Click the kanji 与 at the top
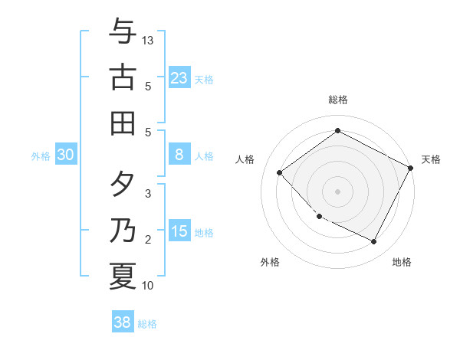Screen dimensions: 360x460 (x=123, y=32)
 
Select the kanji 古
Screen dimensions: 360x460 (x=123, y=77)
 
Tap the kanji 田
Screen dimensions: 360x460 (x=123, y=123)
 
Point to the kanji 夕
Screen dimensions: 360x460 (x=123, y=185)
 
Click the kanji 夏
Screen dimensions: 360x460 (x=123, y=276)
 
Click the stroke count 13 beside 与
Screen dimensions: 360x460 (x=149, y=40)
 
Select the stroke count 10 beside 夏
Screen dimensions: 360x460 (x=149, y=286)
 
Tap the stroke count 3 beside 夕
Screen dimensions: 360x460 (x=149, y=194)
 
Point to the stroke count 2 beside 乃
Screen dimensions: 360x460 (x=149, y=240)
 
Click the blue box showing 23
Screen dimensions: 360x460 (x=179, y=77)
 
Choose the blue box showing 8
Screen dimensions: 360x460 (x=179, y=155)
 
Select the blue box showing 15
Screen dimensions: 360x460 (x=179, y=231)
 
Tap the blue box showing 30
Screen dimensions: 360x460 (x=65, y=155)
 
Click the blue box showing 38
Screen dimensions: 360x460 (x=123, y=322)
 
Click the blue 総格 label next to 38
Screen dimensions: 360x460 (x=147, y=324)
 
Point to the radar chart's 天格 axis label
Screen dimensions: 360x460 (x=431, y=159)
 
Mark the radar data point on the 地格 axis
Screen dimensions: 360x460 (x=374, y=242)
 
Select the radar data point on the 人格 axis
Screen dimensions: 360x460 (x=280, y=172)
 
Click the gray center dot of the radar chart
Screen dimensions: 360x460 (x=337, y=191)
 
